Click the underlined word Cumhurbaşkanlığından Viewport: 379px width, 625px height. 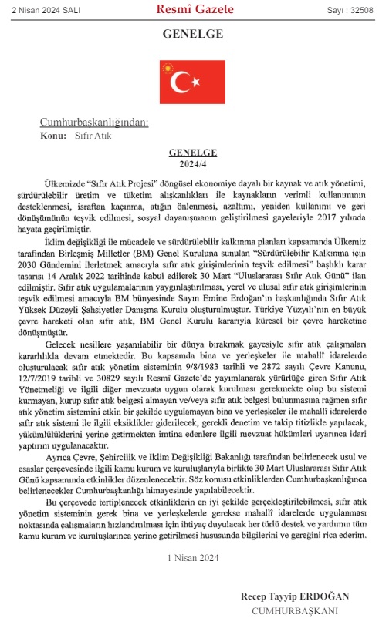tap(94, 123)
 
